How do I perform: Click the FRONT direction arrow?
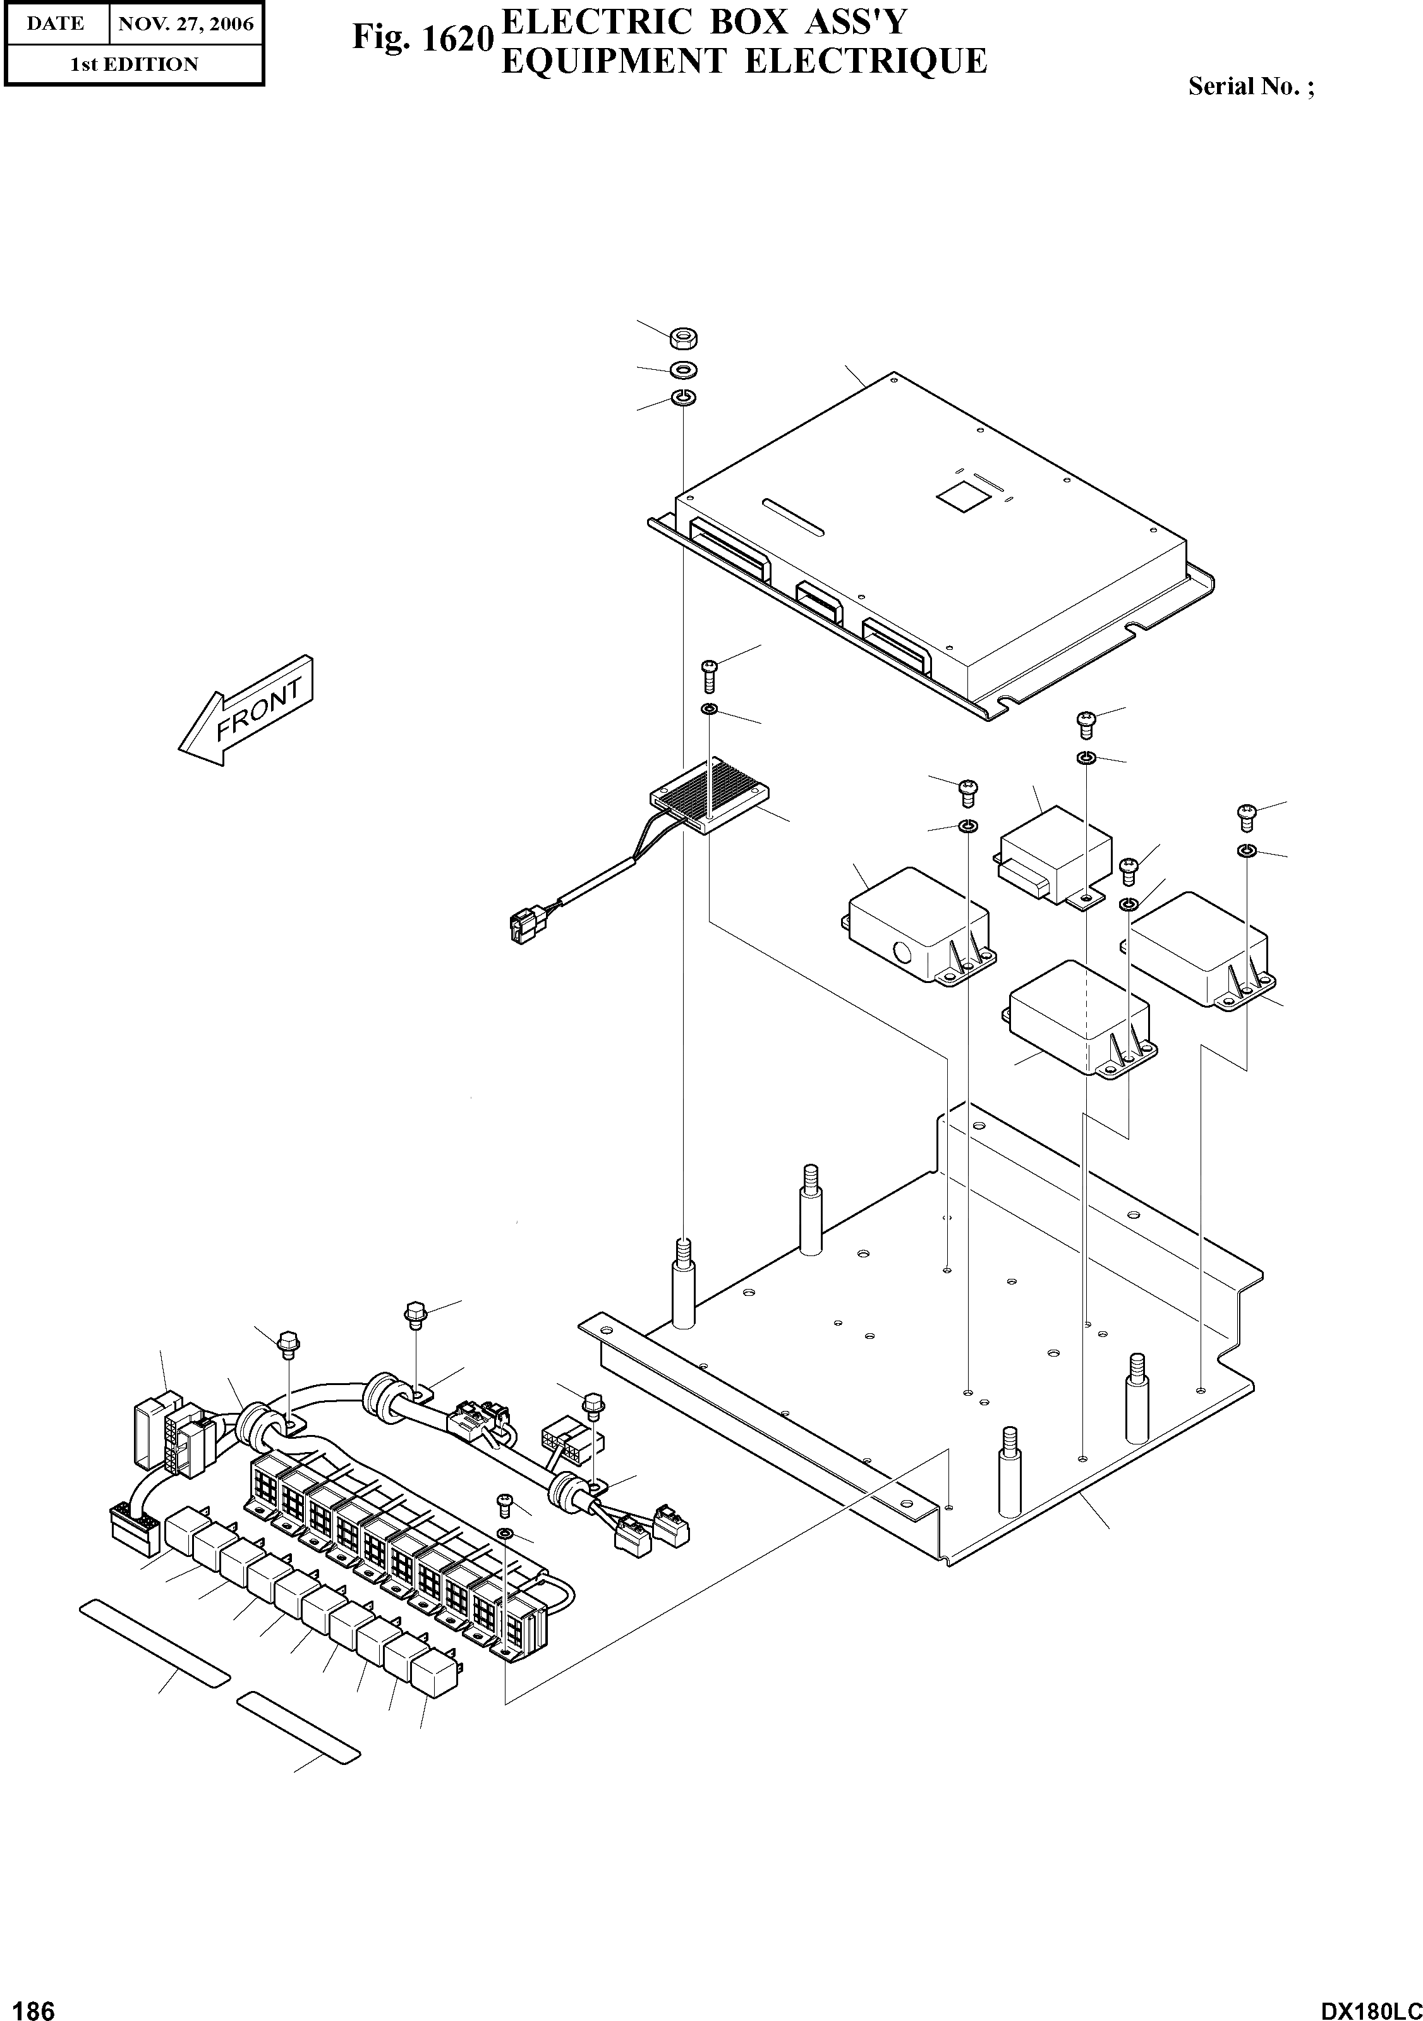pos(245,711)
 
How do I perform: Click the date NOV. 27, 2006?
pos(185,24)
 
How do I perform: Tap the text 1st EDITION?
pos(134,64)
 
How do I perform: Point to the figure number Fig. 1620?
pos(421,38)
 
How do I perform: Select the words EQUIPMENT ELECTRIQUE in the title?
pos(744,61)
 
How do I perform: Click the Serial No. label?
pos(1250,86)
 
